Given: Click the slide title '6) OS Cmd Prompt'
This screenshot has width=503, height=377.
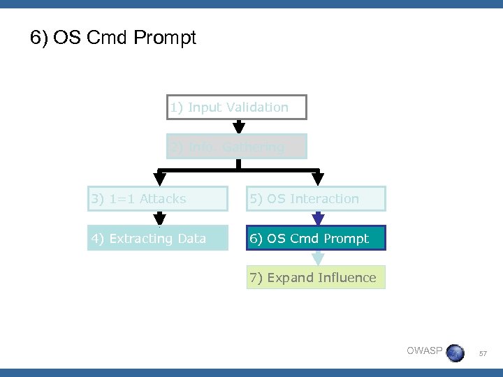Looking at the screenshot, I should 113,38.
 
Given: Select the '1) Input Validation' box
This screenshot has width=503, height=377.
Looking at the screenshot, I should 237,108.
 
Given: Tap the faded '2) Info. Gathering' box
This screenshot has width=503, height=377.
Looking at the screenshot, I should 237,147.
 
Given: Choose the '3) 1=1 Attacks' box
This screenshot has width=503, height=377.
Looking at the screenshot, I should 157,199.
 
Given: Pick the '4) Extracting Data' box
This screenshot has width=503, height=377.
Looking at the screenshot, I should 157,239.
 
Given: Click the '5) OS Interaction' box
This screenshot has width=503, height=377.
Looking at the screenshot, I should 315,199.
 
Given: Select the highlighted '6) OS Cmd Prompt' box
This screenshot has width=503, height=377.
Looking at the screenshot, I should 315,239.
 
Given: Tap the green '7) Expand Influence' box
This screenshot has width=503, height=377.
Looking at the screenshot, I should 315,278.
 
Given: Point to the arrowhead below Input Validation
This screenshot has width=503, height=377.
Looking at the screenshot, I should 239,127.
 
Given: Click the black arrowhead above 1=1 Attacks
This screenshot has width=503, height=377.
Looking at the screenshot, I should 159,179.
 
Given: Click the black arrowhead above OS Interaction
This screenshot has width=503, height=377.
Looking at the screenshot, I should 318,179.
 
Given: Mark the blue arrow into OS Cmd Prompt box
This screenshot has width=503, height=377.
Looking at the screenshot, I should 318,219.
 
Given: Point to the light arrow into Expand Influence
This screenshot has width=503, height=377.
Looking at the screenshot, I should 318,258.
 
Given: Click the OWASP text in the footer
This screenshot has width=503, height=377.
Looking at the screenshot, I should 424,350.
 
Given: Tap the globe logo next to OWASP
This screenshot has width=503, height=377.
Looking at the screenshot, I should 455,352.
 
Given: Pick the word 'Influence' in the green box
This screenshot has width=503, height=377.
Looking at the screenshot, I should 347,278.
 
